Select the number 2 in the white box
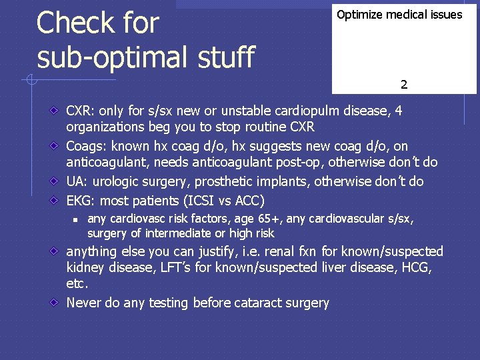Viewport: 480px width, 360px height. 404,85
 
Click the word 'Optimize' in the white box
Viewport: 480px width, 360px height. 361,15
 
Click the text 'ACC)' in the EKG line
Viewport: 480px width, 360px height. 250,201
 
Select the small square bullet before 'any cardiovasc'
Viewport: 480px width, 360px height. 77,219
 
